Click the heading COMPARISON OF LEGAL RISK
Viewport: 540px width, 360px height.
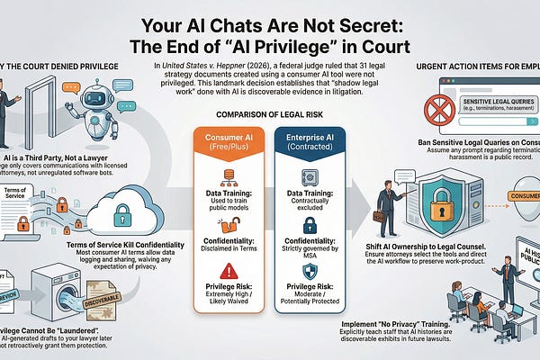point(268,114)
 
